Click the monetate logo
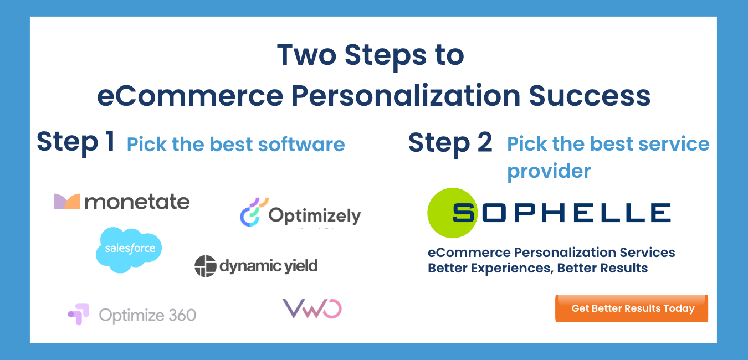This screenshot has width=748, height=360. [x=121, y=202]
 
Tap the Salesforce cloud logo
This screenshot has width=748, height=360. [x=129, y=249]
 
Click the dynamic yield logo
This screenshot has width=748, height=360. [x=256, y=266]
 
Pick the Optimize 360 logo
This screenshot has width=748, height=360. [x=132, y=315]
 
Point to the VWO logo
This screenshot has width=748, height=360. [x=312, y=308]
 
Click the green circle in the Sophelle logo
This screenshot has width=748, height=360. [x=452, y=213]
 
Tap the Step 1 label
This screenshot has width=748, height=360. [x=76, y=142]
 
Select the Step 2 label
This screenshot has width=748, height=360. [x=450, y=142]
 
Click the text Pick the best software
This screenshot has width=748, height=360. [x=235, y=145]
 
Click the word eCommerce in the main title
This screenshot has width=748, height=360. [x=190, y=95]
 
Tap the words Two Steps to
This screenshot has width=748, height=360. [x=370, y=54]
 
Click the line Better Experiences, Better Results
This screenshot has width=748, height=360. [x=537, y=268]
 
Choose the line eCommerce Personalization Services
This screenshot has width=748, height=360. [x=551, y=253]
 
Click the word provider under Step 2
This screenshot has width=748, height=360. [x=549, y=171]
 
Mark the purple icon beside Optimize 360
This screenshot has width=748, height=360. [x=78, y=313]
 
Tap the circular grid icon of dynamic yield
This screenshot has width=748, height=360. [x=205, y=266]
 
